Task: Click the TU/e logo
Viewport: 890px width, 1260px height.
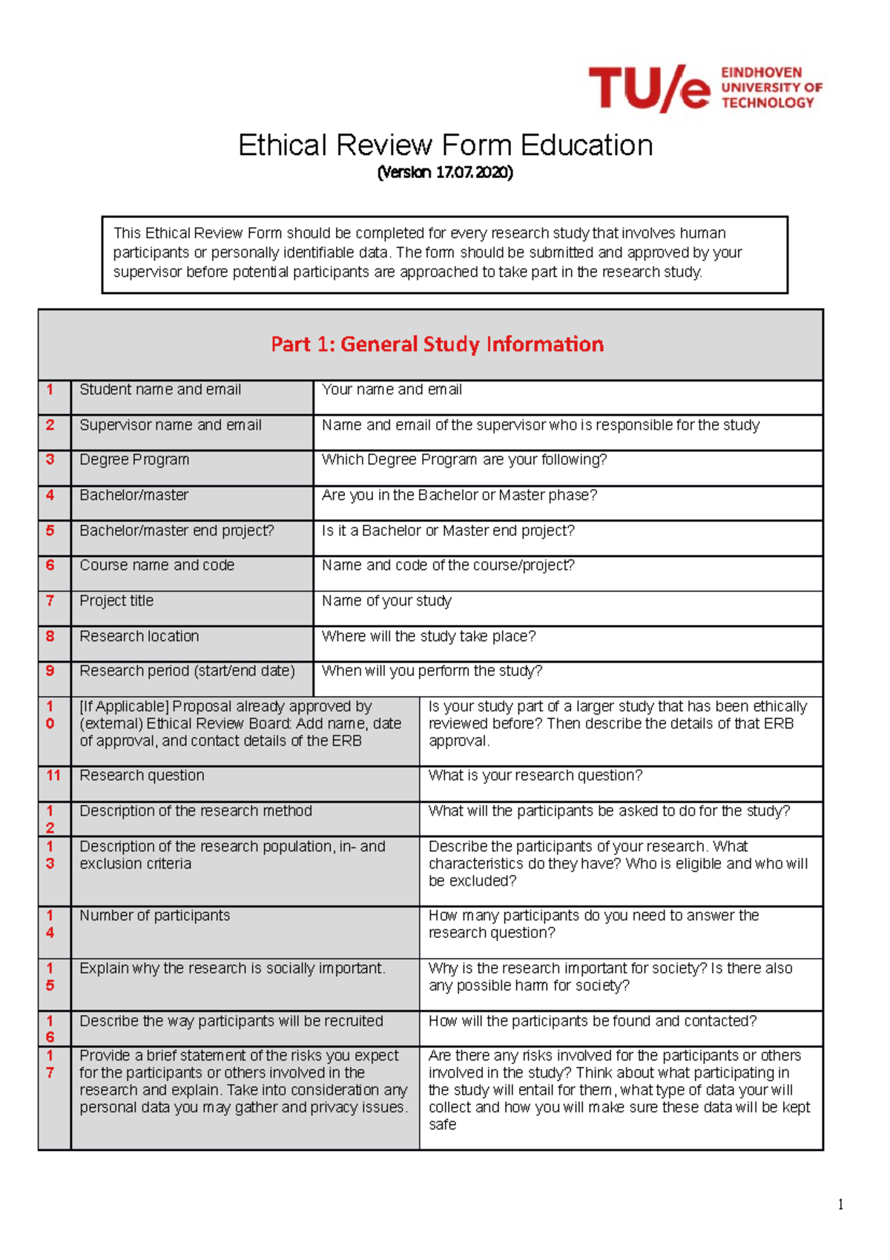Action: [x=705, y=88]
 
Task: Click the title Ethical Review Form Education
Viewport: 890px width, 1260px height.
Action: [x=445, y=145]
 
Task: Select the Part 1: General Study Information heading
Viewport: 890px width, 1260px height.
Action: [x=437, y=344]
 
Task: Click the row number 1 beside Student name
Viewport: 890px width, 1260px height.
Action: [x=50, y=390]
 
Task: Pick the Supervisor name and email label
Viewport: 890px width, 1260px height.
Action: [x=171, y=425]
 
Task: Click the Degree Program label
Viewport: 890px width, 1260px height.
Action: [x=134, y=460]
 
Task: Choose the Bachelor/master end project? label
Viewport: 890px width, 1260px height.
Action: [x=177, y=531]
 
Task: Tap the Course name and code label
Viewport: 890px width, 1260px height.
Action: [x=156, y=565]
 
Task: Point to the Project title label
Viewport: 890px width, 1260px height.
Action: [x=116, y=601]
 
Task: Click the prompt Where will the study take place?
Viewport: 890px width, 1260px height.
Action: [x=428, y=637]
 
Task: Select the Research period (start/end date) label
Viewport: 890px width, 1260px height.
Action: [x=187, y=671]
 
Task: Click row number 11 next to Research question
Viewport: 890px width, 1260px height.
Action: [x=53, y=775]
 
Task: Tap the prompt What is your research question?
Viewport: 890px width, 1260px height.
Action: [x=535, y=775]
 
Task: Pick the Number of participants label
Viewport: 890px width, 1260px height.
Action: [x=154, y=916]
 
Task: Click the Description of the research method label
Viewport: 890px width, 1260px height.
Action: [x=196, y=811]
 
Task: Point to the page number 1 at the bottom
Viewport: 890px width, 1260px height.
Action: [x=840, y=1204]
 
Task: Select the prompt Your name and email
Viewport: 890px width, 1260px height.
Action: [x=392, y=390]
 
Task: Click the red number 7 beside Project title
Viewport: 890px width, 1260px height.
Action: [x=50, y=600]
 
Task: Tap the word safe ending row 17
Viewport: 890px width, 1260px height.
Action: [x=442, y=1125]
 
